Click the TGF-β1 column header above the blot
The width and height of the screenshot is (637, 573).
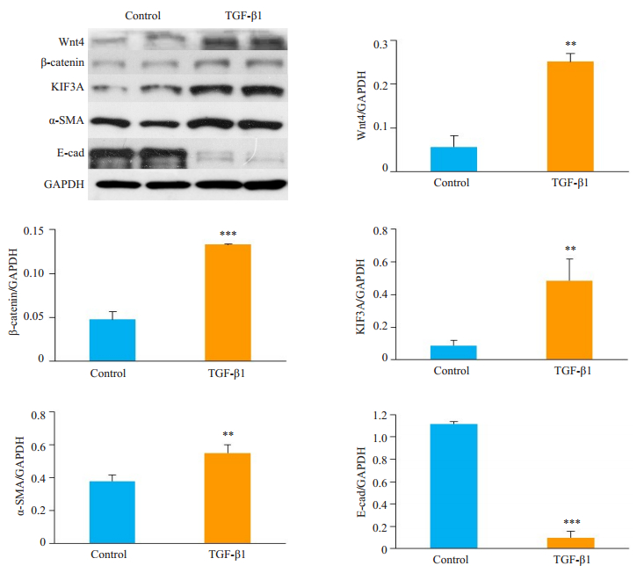pyautogui.click(x=242, y=15)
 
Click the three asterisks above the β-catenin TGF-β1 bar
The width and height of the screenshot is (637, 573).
pyautogui.click(x=228, y=235)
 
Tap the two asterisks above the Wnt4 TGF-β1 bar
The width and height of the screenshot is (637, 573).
pyautogui.click(x=570, y=44)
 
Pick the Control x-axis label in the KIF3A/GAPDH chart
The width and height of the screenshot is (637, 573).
pyautogui.click(x=452, y=371)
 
